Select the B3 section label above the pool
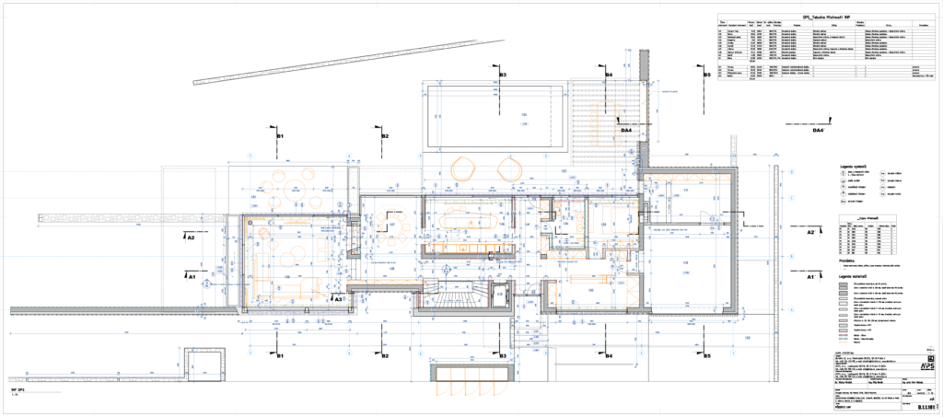click(502, 74)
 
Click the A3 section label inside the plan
click(338, 298)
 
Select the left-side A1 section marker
click(192, 273)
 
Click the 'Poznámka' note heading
click(846, 261)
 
